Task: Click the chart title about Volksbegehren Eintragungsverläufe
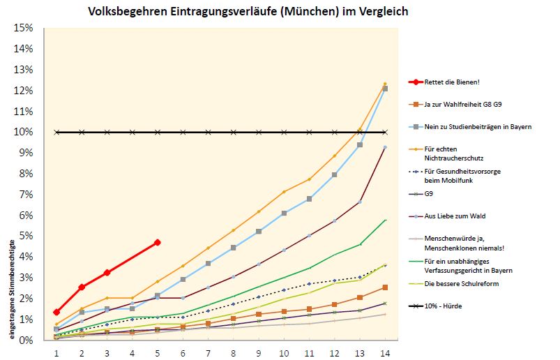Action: [x=248, y=12]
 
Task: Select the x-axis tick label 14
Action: [x=384, y=352]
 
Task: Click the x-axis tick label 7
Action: [x=208, y=352]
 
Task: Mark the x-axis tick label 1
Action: [x=56, y=352]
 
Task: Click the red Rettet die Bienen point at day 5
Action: [x=158, y=242]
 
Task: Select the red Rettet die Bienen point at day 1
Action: [x=56, y=312]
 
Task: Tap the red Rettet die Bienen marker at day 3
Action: [x=107, y=272]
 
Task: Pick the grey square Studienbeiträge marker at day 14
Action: [x=385, y=89]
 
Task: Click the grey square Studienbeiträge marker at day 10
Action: [x=284, y=213]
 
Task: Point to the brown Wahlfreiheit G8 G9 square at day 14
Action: [x=385, y=287]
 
